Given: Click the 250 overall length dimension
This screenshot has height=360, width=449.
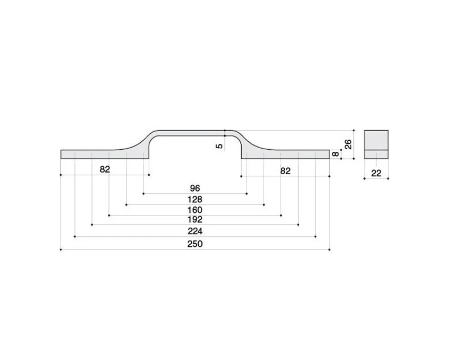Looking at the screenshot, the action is click(x=195, y=244).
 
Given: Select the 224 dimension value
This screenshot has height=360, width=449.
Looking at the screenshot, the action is click(x=195, y=231).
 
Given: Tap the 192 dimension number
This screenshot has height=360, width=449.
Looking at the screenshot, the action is click(x=195, y=219).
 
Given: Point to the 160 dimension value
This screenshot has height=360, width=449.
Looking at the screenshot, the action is click(x=195, y=210).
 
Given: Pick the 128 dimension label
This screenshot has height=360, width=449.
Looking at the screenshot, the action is click(x=195, y=199).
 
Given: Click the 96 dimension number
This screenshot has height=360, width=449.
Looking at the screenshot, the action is click(x=195, y=188).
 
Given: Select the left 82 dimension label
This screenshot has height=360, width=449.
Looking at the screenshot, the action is click(x=105, y=169).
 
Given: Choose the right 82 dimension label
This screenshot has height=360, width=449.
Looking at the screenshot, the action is click(x=285, y=171).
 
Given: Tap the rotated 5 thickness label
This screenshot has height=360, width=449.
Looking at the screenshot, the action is click(x=219, y=146).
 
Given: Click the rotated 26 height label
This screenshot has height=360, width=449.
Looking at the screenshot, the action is click(x=348, y=144).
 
